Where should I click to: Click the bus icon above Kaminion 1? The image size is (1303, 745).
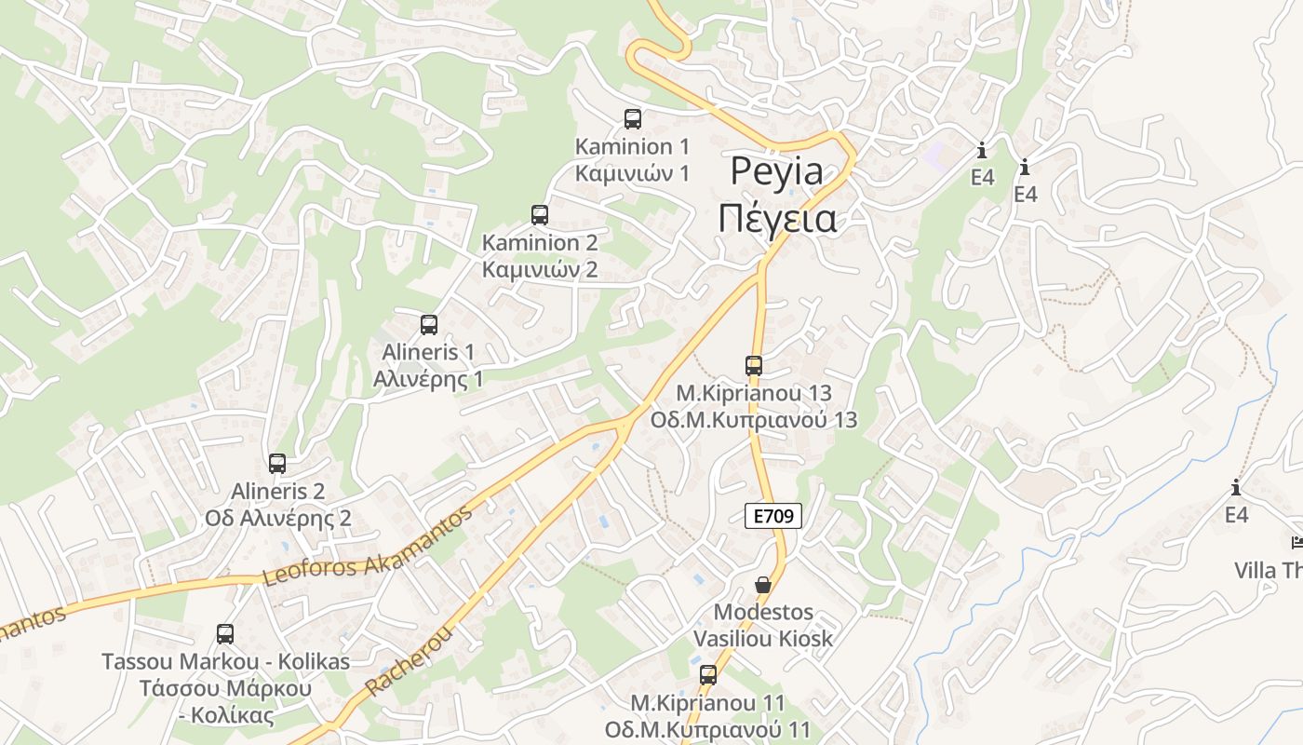[633, 118]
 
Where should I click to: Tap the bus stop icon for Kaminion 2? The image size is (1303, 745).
[540, 215]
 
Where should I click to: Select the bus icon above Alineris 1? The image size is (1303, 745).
[429, 325]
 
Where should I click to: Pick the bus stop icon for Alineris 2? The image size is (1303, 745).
[277, 463]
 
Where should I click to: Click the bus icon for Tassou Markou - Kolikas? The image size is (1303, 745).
[225, 634]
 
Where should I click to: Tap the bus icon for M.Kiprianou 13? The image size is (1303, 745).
[754, 366]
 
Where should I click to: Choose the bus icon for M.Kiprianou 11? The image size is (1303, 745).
[708, 675]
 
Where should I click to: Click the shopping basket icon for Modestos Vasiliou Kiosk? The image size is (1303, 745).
[763, 585]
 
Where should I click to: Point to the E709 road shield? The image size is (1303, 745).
[773, 516]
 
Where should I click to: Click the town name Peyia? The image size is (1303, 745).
[777, 171]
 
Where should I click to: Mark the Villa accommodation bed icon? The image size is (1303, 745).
[1297, 543]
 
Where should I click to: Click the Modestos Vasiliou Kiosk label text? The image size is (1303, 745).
[763, 625]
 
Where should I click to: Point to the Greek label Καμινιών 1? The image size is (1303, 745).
[632, 173]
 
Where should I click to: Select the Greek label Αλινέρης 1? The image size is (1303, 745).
[428, 379]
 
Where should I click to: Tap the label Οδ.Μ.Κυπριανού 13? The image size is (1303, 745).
[754, 419]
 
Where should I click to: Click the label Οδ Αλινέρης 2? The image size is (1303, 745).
[277, 518]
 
